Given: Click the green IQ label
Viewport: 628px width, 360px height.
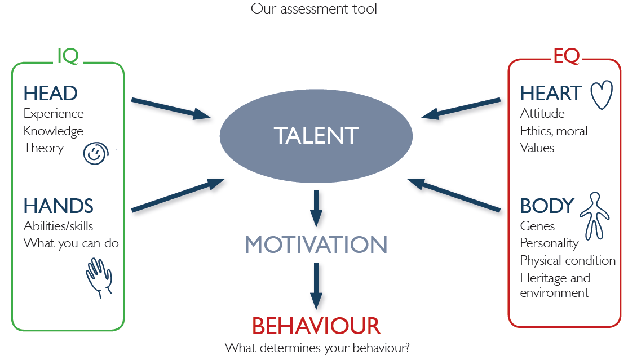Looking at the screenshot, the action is pyautogui.click(x=68, y=56).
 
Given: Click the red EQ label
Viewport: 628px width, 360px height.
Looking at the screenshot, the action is pyautogui.click(x=567, y=56).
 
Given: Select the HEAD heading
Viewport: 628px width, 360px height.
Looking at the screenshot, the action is pyautogui.click(x=51, y=94).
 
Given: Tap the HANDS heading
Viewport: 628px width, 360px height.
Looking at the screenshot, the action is pyautogui.click(x=59, y=206).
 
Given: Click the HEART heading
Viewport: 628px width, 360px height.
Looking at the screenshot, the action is pyautogui.click(x=551, y=94).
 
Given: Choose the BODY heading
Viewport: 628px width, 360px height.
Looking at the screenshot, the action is pyautogui.click(x=547, y=206).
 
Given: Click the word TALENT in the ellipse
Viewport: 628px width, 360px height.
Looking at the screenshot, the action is pyautogui.click(x=316, y=135).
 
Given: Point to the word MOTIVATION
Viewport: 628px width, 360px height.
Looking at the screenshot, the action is pyautogui.click(x=316, y=245).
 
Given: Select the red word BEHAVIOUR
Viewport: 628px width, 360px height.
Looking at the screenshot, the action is pyautogui.click(x=316, y=326).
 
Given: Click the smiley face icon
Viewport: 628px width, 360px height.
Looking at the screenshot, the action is pyautogui.click(x=96, y=153).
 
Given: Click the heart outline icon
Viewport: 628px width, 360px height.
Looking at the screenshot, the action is pyautogui.click(x=602, y=95).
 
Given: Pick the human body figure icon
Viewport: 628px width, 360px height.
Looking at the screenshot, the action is pyautogui.click(x=595, y=216).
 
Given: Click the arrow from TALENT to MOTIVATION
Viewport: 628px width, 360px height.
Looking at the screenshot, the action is pyautogui.click(x=316, y=208).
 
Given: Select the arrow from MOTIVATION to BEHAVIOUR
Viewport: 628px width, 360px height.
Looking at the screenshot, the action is pyautogui.click(x=316, y=286).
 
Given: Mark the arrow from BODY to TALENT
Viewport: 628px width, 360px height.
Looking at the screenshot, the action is pyautogui.click(x=454, y=194).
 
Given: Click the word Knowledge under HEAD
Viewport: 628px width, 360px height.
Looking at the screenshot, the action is pyautogui.click(x=53, y=131).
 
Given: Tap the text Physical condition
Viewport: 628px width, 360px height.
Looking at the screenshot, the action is pyautogui.click(x=568, y=261).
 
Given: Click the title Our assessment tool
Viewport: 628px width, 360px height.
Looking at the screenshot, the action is pyautogui.click(x=314, y=9).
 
